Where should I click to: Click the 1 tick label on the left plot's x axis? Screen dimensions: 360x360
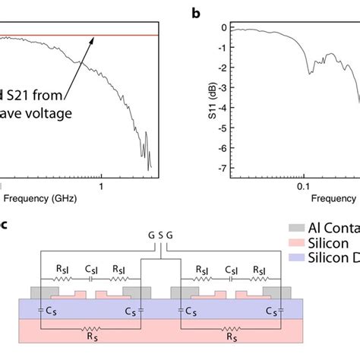click(101, 184)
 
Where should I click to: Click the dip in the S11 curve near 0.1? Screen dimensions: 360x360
click(310, 72)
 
